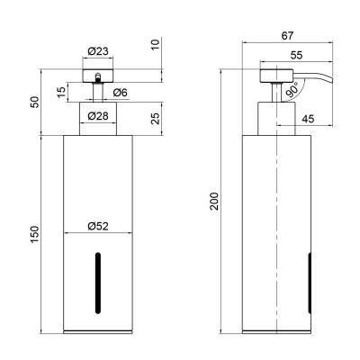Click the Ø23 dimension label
coord(98,51)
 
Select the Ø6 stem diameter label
coord(121,93)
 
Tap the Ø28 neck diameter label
coord(98,116)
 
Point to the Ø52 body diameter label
coord(98,226)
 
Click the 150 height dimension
coord(34,235)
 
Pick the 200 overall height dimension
coord(214,201)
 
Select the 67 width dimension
coord(287,36)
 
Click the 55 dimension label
coord(297,55)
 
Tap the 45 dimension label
coord(308,119)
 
